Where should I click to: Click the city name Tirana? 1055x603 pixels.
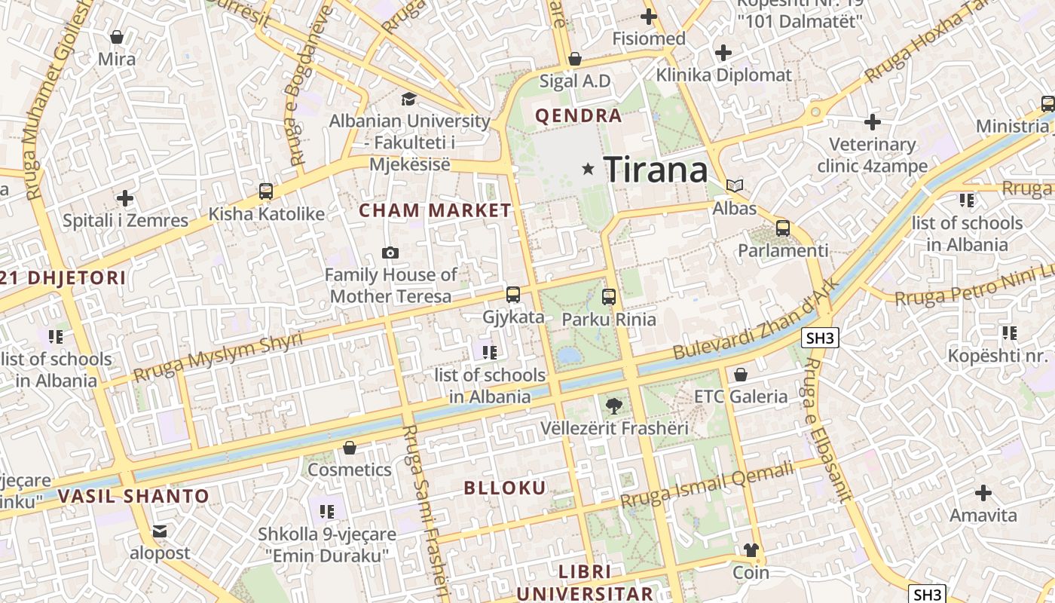pyautogui.click(x=656, y=170)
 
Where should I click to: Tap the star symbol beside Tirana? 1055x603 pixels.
pyautogui.click(x=588, y=170)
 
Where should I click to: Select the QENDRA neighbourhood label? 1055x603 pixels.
pyautogui.click(x=579, y=116)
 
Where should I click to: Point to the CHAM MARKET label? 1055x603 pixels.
pyautogui.click(x=435, y=210)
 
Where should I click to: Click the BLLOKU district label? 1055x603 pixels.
pyautogui.click(x=505, y=488)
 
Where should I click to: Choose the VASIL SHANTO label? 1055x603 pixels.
pyautogui.click(x=133, y=496)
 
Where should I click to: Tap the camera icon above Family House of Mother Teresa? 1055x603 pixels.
pyautogui.click(x=390, y=253)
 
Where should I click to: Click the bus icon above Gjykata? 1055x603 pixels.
pyautogui.click(x=513, y=295)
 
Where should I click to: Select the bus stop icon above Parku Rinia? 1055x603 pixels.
pyautogui.click(x=609, y=297)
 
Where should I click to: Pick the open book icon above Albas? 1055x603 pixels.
pyautogui.click(x=735, y=185)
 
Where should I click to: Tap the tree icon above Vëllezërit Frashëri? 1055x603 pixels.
pyautogui.click(x=614, y=406)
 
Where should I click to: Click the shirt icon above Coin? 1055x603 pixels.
pyautogui.click(x=751, y=550)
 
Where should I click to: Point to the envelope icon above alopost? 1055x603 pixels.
pyautogui.click(x=160, y=531)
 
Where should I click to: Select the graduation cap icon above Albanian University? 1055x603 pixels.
pyautogui.click(x=408, y=99)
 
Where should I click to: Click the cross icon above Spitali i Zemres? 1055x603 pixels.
pyautogui.click(x=125, y=198)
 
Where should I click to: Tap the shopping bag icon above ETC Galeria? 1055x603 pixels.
pyautogui.click(x=741, y=375)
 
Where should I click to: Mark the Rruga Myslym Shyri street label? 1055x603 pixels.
pyautogui.click(x=219, y=357)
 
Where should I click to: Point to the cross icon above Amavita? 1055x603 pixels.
pyautogui.click(x=983, y=494)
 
